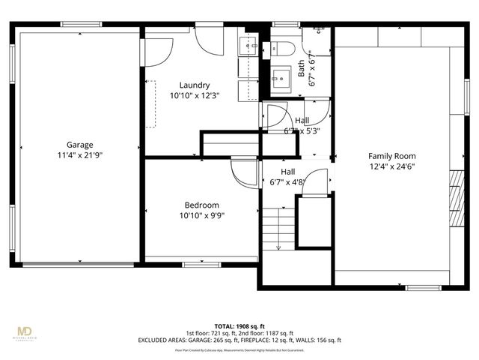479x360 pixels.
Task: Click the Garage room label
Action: coord(79,145)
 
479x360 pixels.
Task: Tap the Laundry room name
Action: coord(195,85)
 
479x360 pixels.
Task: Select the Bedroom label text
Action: coord(201,205)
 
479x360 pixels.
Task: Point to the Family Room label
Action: coord(391,156)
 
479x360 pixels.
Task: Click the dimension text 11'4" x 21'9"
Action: coord(79,155)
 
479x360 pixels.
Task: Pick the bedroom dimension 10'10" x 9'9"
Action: coord(201,215)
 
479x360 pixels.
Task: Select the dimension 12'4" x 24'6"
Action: coord(391,166)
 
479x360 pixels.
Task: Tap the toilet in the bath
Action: coord(283,49)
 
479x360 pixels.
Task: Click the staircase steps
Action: coord(278,229)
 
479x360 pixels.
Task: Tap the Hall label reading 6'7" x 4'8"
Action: coord(288,176)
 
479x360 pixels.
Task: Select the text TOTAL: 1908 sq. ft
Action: coord(239,326)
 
